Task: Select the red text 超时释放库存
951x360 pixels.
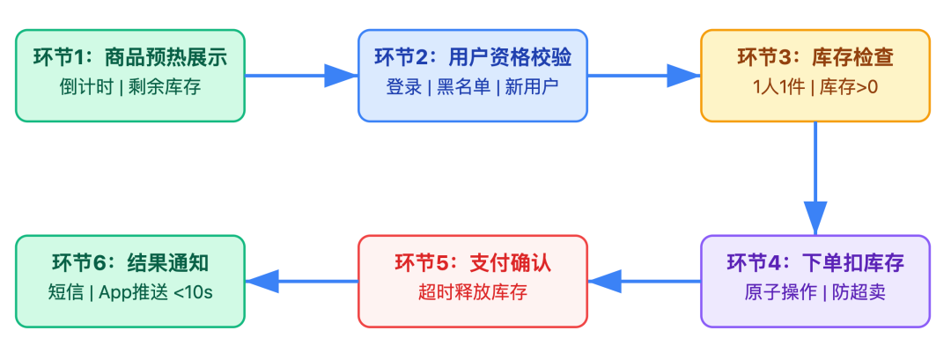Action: coord(472,293)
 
